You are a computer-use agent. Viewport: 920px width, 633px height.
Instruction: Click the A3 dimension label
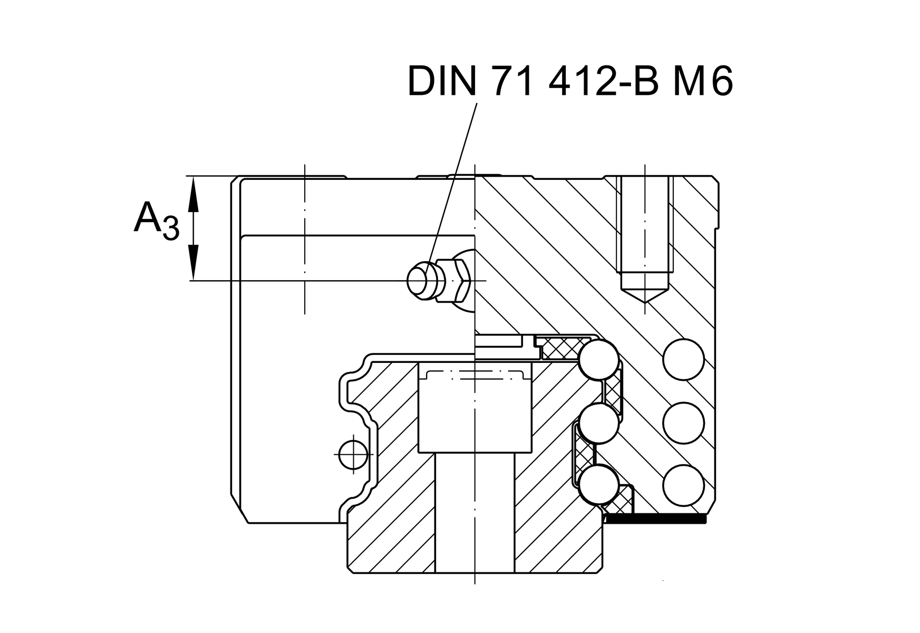tap(156, 220)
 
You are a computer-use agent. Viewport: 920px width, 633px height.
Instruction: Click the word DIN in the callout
tap(441, 82)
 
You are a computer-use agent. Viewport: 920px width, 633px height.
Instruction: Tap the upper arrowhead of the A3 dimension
tap(193, 193)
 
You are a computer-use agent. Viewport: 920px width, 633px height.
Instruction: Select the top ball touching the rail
tap(598, 360)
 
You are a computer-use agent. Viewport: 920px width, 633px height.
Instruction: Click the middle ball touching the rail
tap(598, 423)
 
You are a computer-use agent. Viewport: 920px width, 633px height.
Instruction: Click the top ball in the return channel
tap(683, 360)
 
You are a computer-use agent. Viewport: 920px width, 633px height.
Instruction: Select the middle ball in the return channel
tap(683, 423)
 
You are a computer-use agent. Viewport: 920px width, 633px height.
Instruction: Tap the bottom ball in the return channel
tap(683, 485)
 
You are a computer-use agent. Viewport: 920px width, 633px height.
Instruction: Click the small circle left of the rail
tap(353, 453)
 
